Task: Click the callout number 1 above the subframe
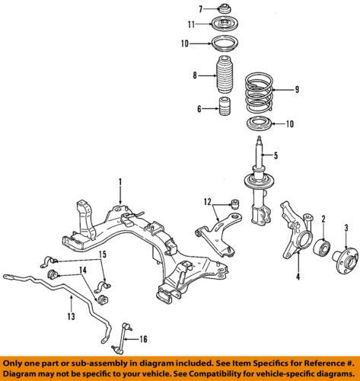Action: point(119,181)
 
